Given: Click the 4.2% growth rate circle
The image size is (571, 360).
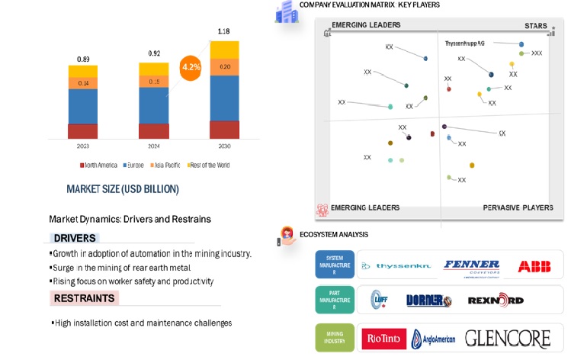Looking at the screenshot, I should click(190, 67).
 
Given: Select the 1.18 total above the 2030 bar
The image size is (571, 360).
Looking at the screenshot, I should click(224, 31).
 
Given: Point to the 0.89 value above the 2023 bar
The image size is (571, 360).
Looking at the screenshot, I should click(82, 59).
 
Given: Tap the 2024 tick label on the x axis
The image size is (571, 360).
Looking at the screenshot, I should click(153, 146).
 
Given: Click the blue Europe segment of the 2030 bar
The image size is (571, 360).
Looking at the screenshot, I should click(224, 98).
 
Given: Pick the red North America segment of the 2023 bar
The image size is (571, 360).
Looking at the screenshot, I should click(82, 130).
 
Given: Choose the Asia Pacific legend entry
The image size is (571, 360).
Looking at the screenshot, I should click(167, 165).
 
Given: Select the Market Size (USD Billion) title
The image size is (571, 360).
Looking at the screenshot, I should click(123, 189).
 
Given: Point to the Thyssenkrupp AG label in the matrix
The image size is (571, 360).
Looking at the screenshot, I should click(464, 43).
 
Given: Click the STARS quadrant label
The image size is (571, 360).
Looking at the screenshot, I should click(535, 26).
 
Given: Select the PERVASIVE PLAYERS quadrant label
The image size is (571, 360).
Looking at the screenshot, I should click(518, 207).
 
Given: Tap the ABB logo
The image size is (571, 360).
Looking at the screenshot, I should click(534, 266).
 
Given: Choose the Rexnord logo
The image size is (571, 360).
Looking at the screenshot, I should click(495, 301).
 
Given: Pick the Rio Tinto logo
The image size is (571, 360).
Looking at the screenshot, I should click(384, 337).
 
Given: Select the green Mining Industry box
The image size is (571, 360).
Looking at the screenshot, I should click(335, 337).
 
